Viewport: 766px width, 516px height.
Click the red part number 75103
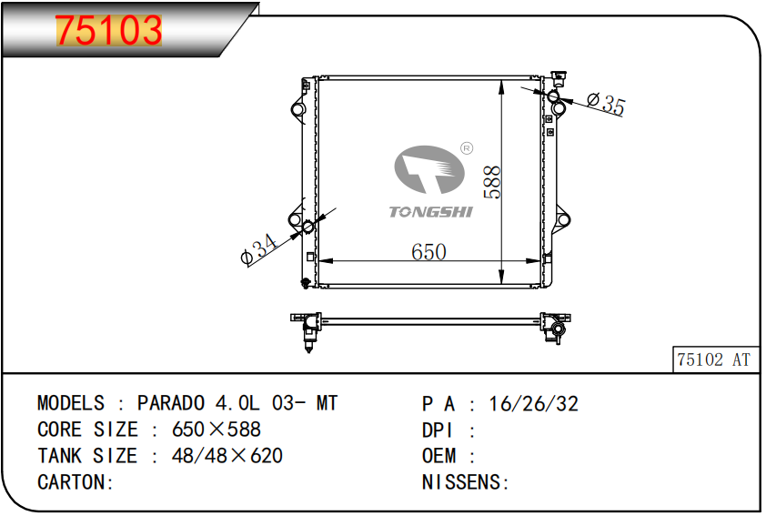coord(108,30)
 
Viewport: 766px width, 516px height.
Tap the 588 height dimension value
coord(492,182)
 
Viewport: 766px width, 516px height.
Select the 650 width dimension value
coord(428,252)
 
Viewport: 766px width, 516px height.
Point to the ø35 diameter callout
coord(606,104)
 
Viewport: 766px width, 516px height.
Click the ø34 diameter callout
coord(259,248)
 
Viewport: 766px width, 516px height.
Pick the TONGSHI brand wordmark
coord(431,212)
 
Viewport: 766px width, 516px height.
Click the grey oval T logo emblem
coord(429,169)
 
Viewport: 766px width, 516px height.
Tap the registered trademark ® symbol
coord(467,148)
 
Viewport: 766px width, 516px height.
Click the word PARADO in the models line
coord(170,403)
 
